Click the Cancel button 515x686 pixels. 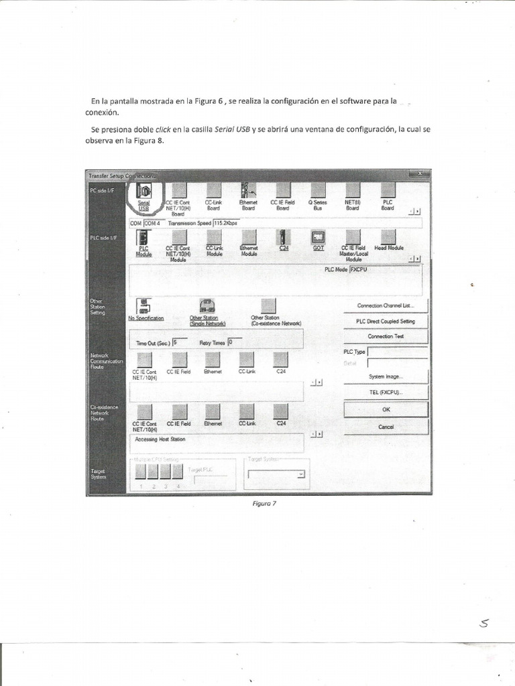tap(386, 427)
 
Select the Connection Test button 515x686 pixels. tap(386, 336)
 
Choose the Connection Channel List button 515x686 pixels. tap(386, 305)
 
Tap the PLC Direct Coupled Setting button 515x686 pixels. tap(386, 321)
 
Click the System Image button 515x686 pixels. tap(386, 376)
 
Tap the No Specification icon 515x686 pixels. tap(144, 307)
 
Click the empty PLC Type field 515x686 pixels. tap(397, 351)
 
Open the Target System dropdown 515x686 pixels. tap(276, 474)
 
